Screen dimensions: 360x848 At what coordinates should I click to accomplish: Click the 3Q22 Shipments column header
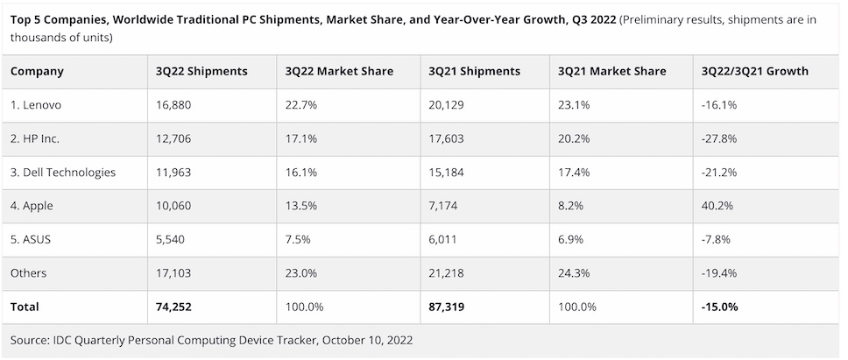click(x=201, y=71)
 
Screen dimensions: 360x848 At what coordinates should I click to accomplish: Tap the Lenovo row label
click(x=36, y=105)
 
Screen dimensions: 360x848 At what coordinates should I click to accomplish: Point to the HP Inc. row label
click(x=35, y=138)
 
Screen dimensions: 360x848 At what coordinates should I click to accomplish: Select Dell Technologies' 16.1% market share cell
click(x=302, y=173)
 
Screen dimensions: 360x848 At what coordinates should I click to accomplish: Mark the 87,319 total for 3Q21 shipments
click(x=449, y=307)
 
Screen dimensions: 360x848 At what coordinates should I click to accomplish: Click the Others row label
click(x=29, y=273)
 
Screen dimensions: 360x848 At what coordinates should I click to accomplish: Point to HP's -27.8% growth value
click(x=717, y=138)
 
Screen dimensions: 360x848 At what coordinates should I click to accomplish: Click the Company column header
click(x=37, y=71)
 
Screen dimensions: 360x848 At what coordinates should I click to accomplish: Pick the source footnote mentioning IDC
click(x=211, y=340)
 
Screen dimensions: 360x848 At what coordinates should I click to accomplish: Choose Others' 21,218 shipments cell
click(x=448, y=273)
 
